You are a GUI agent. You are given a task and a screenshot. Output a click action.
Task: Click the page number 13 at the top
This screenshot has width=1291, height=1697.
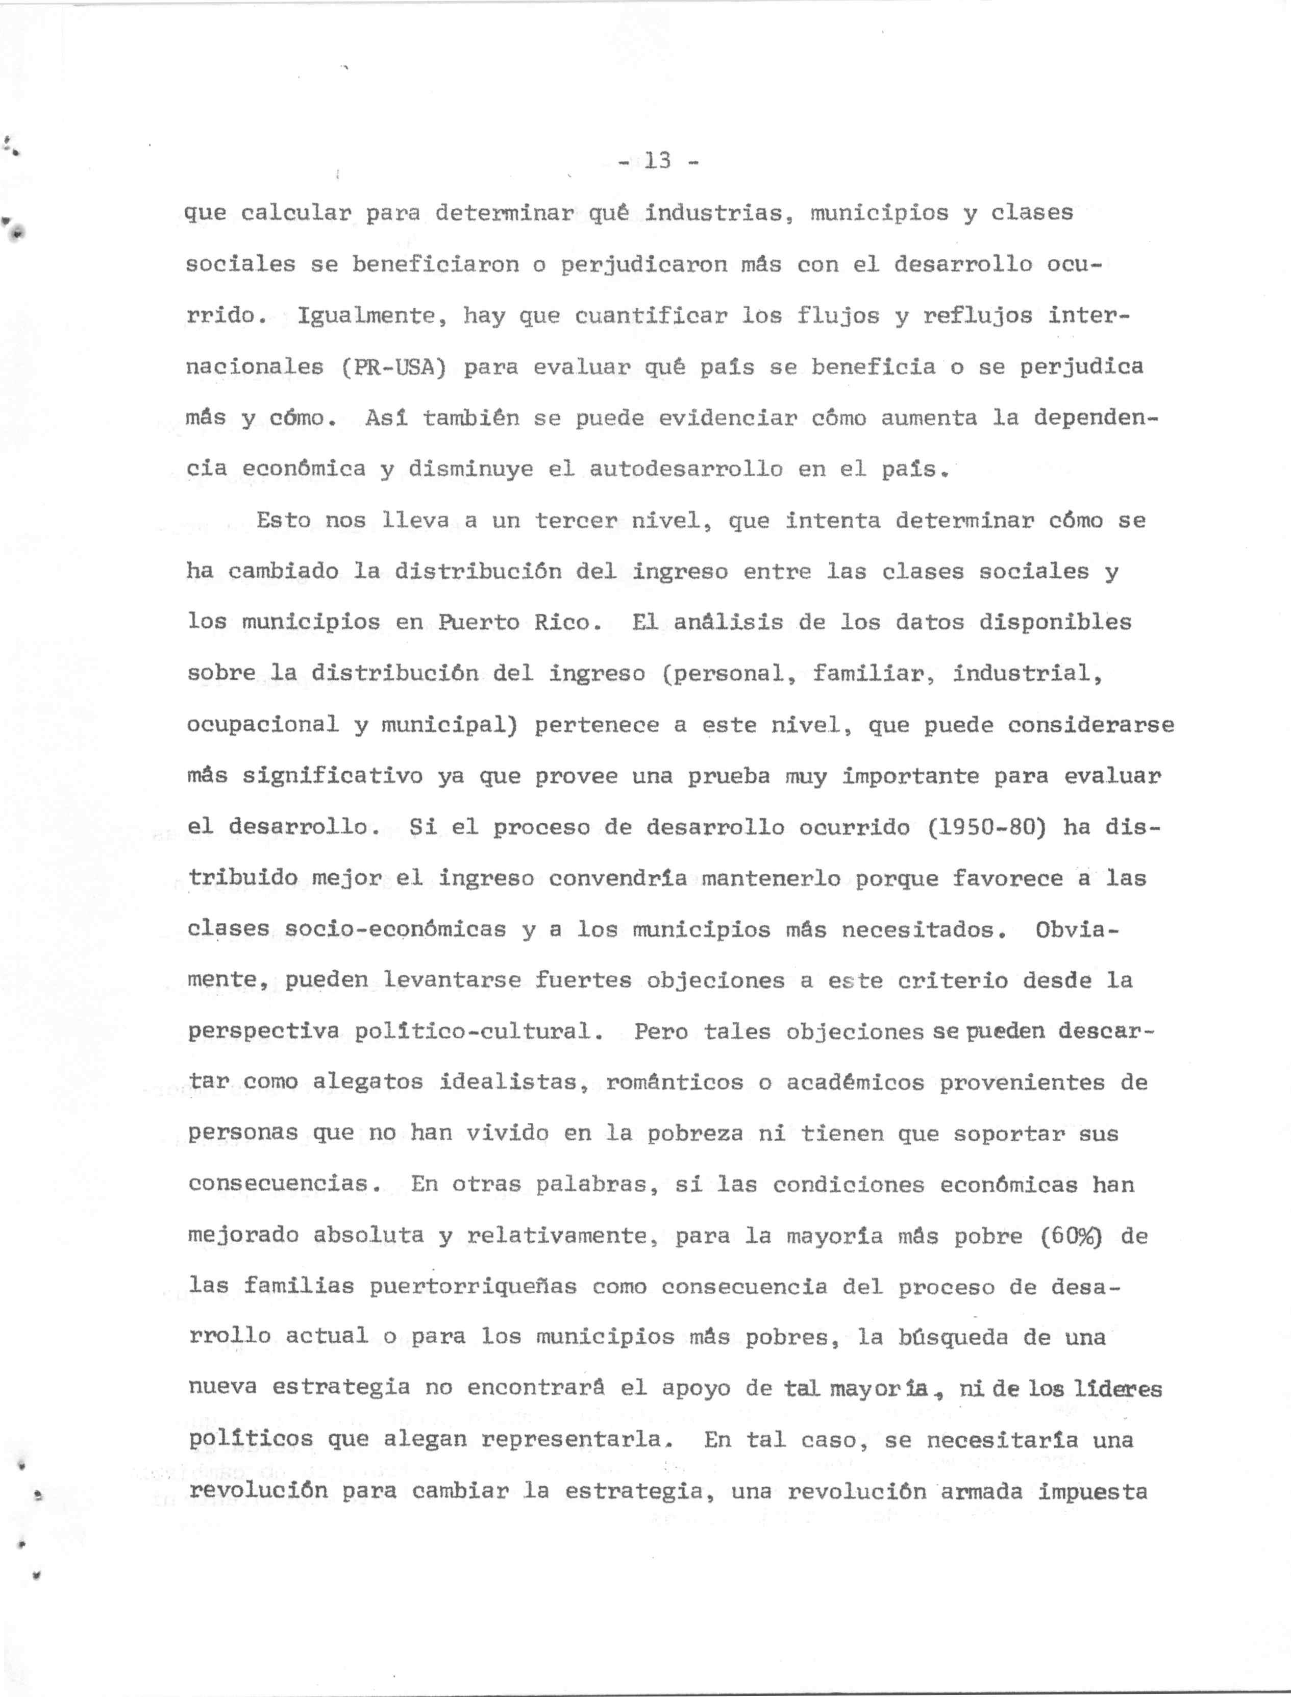[x=658, y=161]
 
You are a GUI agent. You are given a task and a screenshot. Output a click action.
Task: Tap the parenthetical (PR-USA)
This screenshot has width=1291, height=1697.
[x=393, y=366]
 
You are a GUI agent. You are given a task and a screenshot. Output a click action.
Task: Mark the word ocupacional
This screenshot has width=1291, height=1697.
[x=262, y=724]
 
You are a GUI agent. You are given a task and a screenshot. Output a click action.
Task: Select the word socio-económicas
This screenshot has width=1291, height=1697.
[x=395, y=930]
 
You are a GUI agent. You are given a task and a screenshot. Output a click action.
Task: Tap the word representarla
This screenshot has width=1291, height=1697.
[x=573, y=1440]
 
